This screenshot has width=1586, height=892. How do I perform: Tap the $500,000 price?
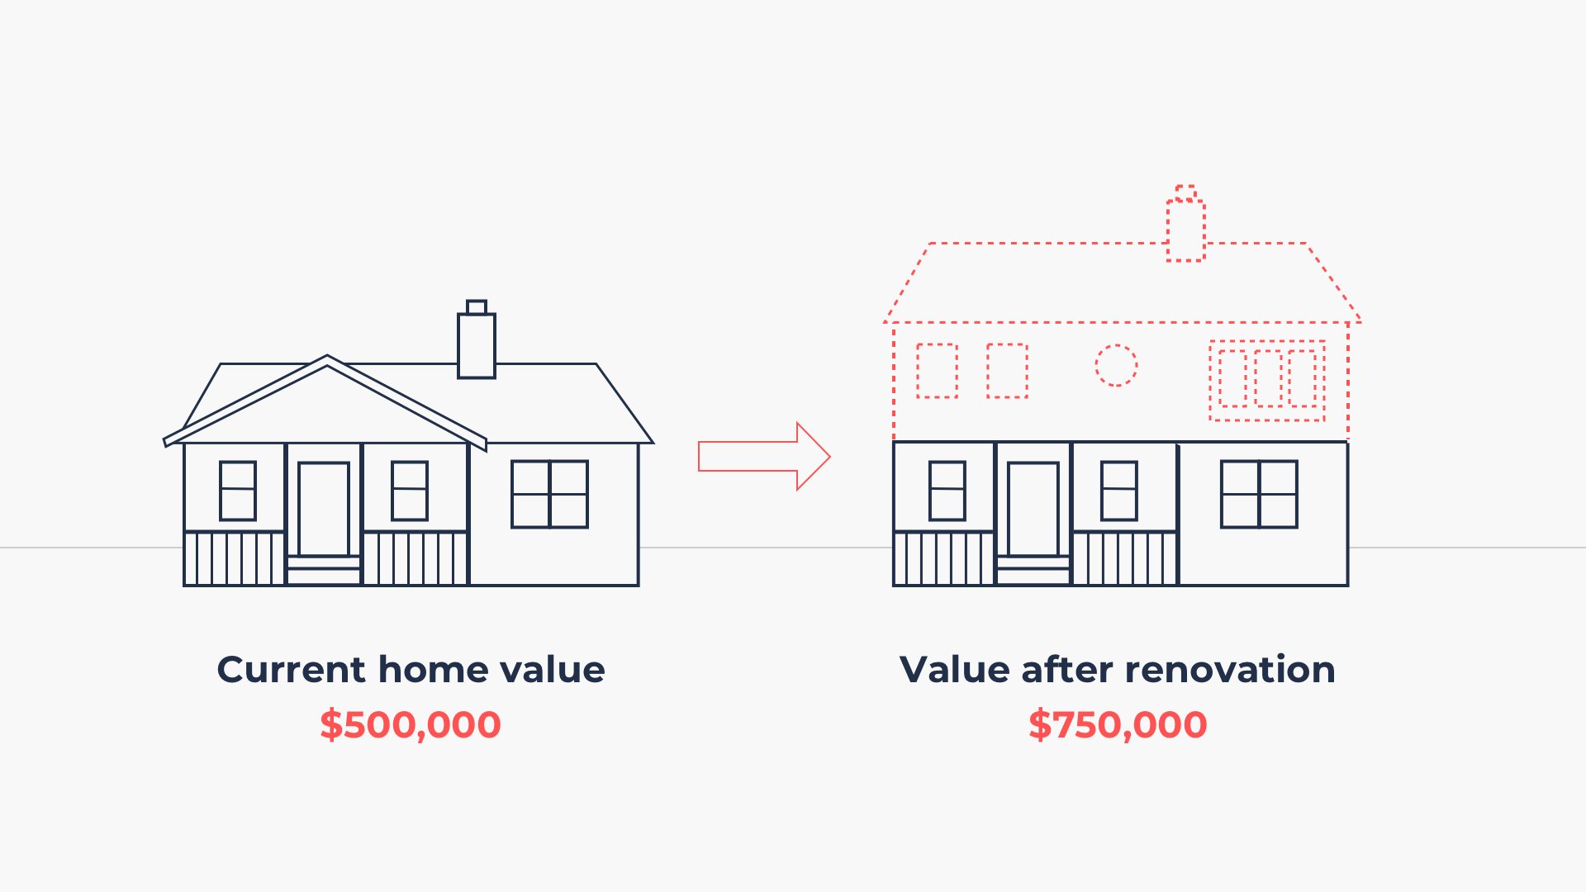pyautogui.click(x=411, y=725)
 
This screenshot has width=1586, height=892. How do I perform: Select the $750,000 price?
pyautogui.click(x=1118, y=725)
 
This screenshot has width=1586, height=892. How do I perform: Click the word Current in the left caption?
pyautogui.click(x=291, y=670)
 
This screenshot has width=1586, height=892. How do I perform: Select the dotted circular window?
pyautogui.click(x=1116, y=365)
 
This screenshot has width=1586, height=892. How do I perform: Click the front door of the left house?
pyautogui.click(x=324, y=509)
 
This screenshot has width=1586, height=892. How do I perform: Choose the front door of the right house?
pyautogui.click(x=1033, y=509)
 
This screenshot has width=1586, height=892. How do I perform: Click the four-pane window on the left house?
pyautogui.click(x=549, y=494)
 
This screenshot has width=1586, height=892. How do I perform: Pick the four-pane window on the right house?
pyautogui.click(x=1259, y=494)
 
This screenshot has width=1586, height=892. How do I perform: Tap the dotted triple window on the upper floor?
pyautogui.click(x=1267, y=380)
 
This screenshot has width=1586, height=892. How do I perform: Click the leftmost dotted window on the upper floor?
pyautogui.click(x=937, y=371)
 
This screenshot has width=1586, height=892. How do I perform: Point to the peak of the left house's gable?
pyautogui.click(x=327, y=358)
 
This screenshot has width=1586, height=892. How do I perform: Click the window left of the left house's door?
pyautogui.click(x=238, y=491)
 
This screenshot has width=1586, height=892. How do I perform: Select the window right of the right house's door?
pyautogui.click(x=1119, y=491)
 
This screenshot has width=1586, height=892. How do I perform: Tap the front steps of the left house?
pyautogui.click(x=324, y=570)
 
